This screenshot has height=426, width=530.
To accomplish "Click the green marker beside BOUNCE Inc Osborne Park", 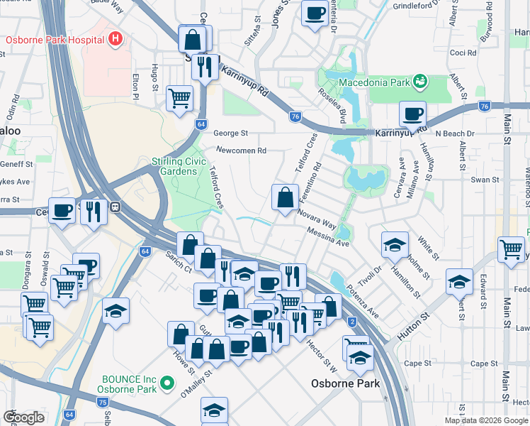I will (x=167, y=383).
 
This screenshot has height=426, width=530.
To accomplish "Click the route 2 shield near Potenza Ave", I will (x=351, y=322).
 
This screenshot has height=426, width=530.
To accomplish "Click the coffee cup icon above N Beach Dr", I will (x=412, y=114).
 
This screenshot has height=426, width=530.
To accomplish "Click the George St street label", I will (x=231, y=133).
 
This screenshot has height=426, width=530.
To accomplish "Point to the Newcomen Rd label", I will (x=241, y=151).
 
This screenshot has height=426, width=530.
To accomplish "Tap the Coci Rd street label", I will (x=463, y=53).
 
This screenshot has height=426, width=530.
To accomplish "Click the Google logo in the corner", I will (x=23, y=417).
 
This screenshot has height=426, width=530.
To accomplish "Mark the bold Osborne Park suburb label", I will (x=346, y=383).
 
